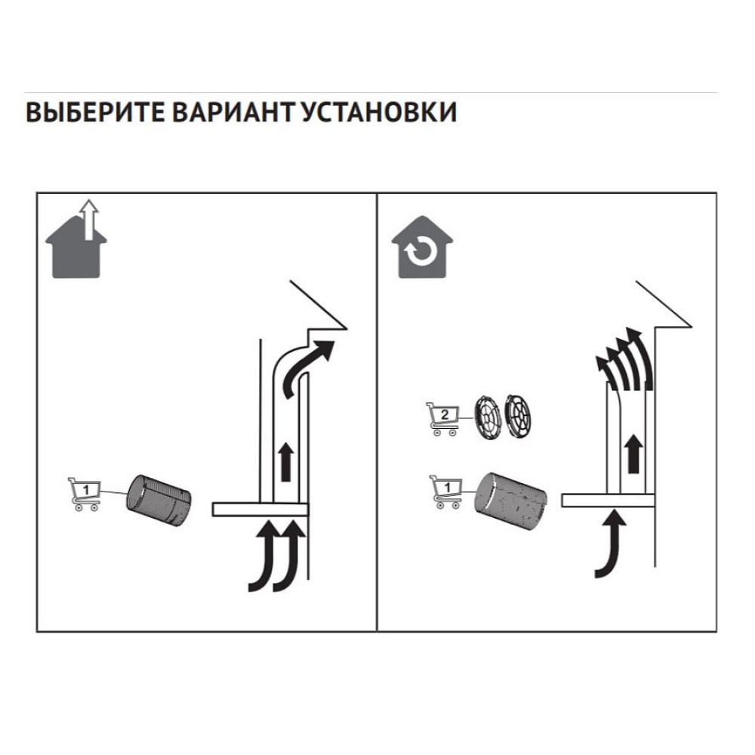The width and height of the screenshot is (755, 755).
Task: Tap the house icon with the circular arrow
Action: click(x=422, y=247)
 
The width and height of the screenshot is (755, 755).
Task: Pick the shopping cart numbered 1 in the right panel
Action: click(x=446, y=492)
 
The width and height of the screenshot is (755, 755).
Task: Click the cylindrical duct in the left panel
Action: click(x=159, y=500)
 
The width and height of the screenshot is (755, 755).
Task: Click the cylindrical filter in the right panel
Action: click(x=510, y=501)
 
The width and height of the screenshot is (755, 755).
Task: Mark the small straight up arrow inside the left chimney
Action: click(x=286, y=462)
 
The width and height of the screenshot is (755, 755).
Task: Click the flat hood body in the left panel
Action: click(x=260, y=510)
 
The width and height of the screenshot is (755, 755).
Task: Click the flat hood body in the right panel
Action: click(x=608, y=500)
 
